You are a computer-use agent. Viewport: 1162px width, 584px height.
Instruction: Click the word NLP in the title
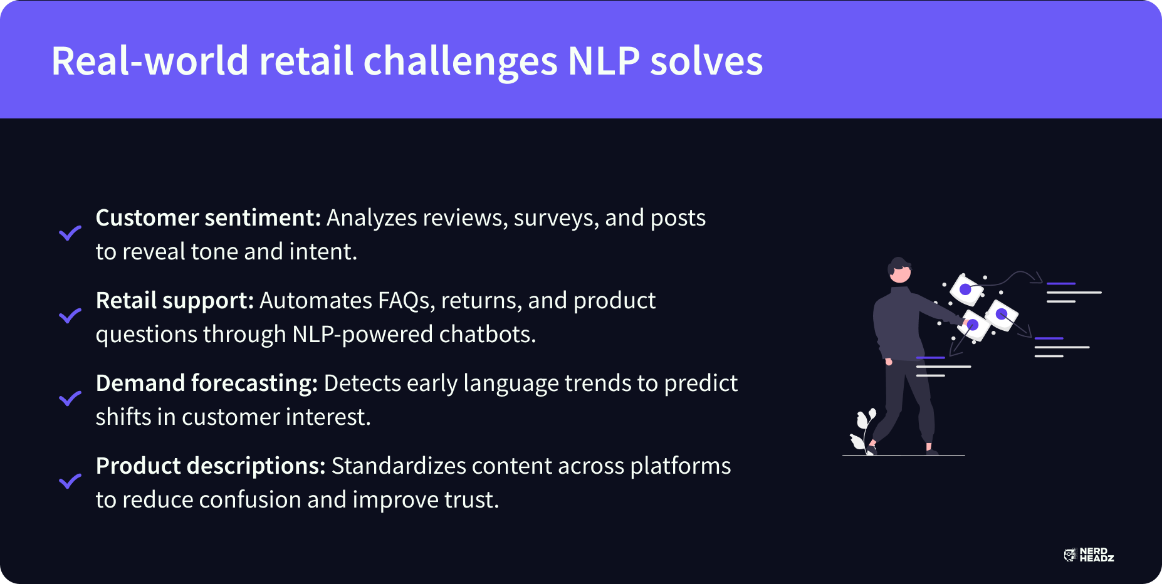point(604,61)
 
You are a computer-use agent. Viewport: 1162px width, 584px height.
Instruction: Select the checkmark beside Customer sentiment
point(70,233)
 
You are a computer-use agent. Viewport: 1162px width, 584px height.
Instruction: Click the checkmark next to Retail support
point(70,316)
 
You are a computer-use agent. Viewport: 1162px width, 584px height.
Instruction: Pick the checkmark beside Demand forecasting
point(70,399)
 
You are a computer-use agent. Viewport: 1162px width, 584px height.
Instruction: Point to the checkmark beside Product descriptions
point(70,481)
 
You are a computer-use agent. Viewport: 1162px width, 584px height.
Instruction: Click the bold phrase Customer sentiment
point(208,218)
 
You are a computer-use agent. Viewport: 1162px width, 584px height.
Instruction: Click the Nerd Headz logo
point(1089,555)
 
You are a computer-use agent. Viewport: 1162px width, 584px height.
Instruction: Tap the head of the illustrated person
point(899,269)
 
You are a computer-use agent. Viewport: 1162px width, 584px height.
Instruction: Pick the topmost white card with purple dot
point(966,289)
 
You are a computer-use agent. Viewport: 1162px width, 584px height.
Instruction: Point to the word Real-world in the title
point(150,61)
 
